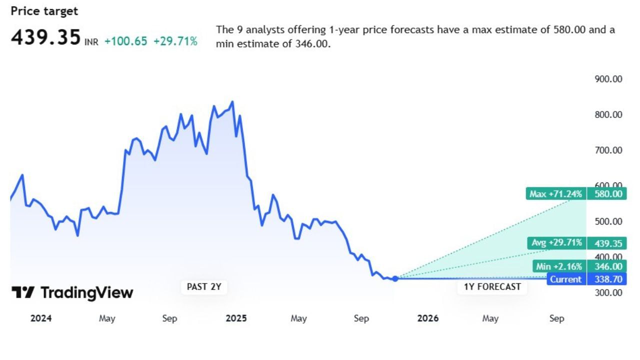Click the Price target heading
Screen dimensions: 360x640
(44, 11)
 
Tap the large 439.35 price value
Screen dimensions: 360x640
(45, 37)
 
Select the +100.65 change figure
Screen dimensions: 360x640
(125, 41)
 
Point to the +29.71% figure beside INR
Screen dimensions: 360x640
(175, 41)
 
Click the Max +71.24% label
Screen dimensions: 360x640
(555, 194)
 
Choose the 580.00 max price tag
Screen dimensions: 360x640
(607, 194)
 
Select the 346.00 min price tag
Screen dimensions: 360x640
(607, 266)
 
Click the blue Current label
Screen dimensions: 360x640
(565, 279)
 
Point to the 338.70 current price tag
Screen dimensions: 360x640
(607, 279)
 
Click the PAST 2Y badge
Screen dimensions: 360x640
(200, 287)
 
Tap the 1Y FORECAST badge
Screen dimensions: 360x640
(492, 287)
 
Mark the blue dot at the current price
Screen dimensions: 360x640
(395, 278)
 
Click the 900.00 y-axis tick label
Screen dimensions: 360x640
(608, 79)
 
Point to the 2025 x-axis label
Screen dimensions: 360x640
(236, 318)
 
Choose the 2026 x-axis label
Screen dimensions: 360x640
(428, 318)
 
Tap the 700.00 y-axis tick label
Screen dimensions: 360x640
(608, 150)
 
